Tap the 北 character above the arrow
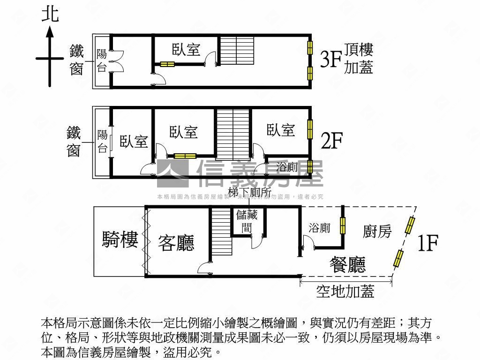pyautogui.click(x=50, y=14)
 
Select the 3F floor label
pyautogui.click(x=330, y=60)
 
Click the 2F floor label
pyautogui.click(x=331, y=140)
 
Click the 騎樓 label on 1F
pyautogui.click(x=120, y=240)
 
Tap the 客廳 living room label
pyautogui.click(x=176, y=242)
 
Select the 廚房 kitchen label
pyautogui.click(x=377, y=231)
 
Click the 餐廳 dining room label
pyautogui.click(x=347, y=265)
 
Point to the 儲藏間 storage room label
pyautogui.click(x=247, y=221)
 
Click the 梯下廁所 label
pyautogui.click(x=250, y=192)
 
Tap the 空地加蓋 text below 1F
pyautogui.click(x=345, y=292)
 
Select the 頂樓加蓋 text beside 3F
pyautogui.click(x=359, y=59)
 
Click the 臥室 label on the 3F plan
pyautogui.click(x=186, y=49)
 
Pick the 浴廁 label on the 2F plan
pyautogui.click(x=287, y=166)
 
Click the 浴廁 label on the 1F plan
pyautogui.click(x=319, y=228)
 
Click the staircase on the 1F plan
pyautogui.click(x=221, y=232)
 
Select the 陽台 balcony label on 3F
pyautogui.click(x=102, y=60)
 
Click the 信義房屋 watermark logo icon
pyautogui.click(x=172, y=173)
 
